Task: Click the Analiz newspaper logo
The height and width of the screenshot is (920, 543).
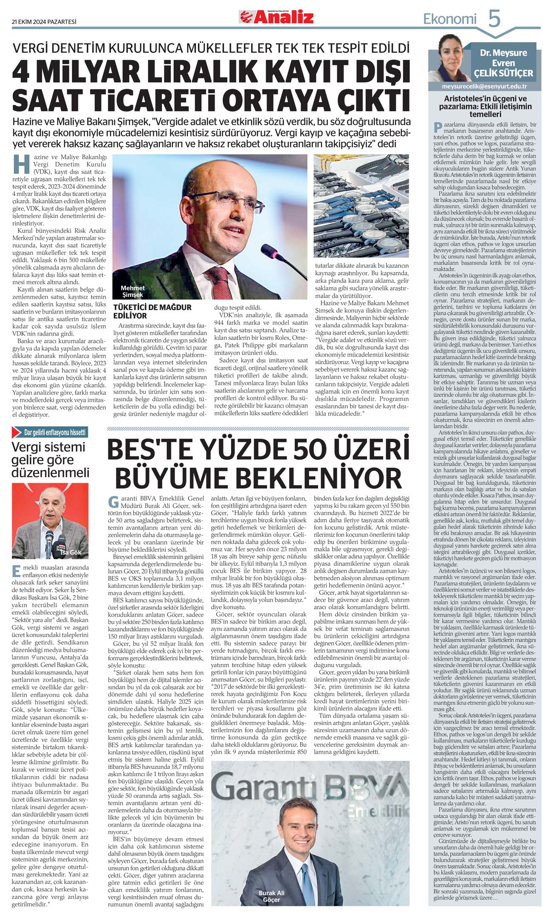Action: click(276, 17)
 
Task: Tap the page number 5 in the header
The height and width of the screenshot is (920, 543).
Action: click(494, 19)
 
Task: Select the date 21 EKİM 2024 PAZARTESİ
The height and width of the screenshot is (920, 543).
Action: click(44, 22)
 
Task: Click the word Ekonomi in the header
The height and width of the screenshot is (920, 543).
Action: click(450, 19)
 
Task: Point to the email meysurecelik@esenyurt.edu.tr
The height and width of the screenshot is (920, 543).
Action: click(484, 86)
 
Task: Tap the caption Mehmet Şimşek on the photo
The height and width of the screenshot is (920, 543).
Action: click(133, 291)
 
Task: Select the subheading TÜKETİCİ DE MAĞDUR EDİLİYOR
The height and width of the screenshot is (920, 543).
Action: click(152, 311)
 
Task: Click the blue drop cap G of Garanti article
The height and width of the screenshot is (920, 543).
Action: click(114, 502)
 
